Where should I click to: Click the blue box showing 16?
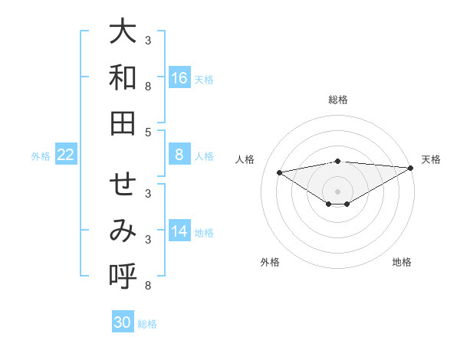[x=179, y=78]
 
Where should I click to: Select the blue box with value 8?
[x=179, y=155]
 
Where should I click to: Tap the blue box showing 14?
[x=179, y=231]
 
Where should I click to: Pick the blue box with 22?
[x=66, y=155]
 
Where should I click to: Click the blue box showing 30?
[x=123, y=322]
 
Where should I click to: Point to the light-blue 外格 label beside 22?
[x=41, y=155]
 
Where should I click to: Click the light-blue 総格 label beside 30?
[x=147, y=323]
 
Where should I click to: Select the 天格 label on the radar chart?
[x=431, y=159]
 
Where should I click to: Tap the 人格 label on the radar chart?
[x=246, y=159]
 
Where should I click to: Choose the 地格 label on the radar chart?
[x=402, y=262]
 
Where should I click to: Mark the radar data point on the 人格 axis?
[x=279, y=172]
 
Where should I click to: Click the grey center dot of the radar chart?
[x=338, y=191]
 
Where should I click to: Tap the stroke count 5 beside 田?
[x=148, y=132]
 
